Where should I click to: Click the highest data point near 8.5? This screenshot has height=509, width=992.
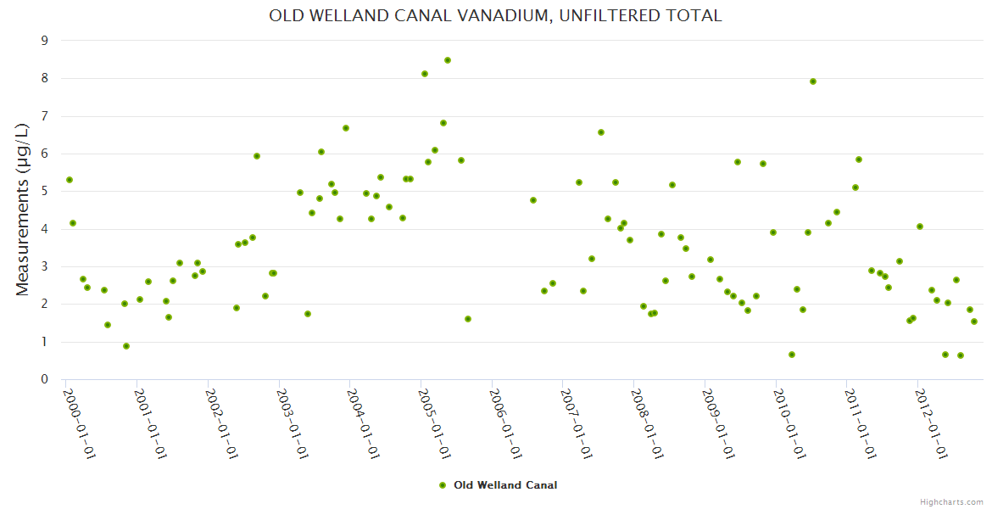pos(448,60)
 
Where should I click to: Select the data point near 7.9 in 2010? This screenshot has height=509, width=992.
pos(813,81)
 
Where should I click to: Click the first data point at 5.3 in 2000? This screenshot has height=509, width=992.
pos(70,180)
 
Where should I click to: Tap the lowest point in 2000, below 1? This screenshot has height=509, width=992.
pos(126,346)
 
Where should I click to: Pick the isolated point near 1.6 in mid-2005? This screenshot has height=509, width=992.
pos(468,319)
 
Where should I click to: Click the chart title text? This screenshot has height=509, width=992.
pos(495,15)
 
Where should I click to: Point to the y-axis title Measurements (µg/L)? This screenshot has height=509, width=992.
pos(23,210)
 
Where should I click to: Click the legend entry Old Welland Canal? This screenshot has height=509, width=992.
pos(505,485)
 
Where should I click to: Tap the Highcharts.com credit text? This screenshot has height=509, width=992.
pos(951,501)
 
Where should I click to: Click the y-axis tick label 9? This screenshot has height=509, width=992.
pos(45,41)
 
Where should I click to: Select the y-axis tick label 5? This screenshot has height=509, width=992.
pos(45,192)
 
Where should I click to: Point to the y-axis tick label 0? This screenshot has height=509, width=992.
pos(45,379)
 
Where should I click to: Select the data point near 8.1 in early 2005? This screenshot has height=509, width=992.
pos(425,74)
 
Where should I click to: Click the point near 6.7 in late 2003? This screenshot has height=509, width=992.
pos(346,128)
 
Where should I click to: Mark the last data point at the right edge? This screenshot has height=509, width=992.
pos(974,322)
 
